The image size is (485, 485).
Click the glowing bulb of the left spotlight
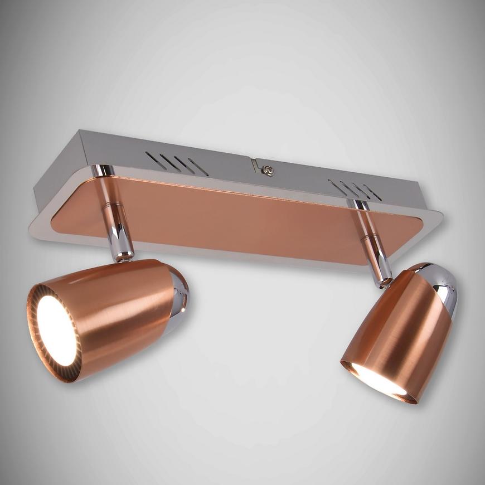[56, 331]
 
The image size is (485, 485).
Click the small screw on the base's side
[269, 171]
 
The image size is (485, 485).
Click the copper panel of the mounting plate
[234, 217]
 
